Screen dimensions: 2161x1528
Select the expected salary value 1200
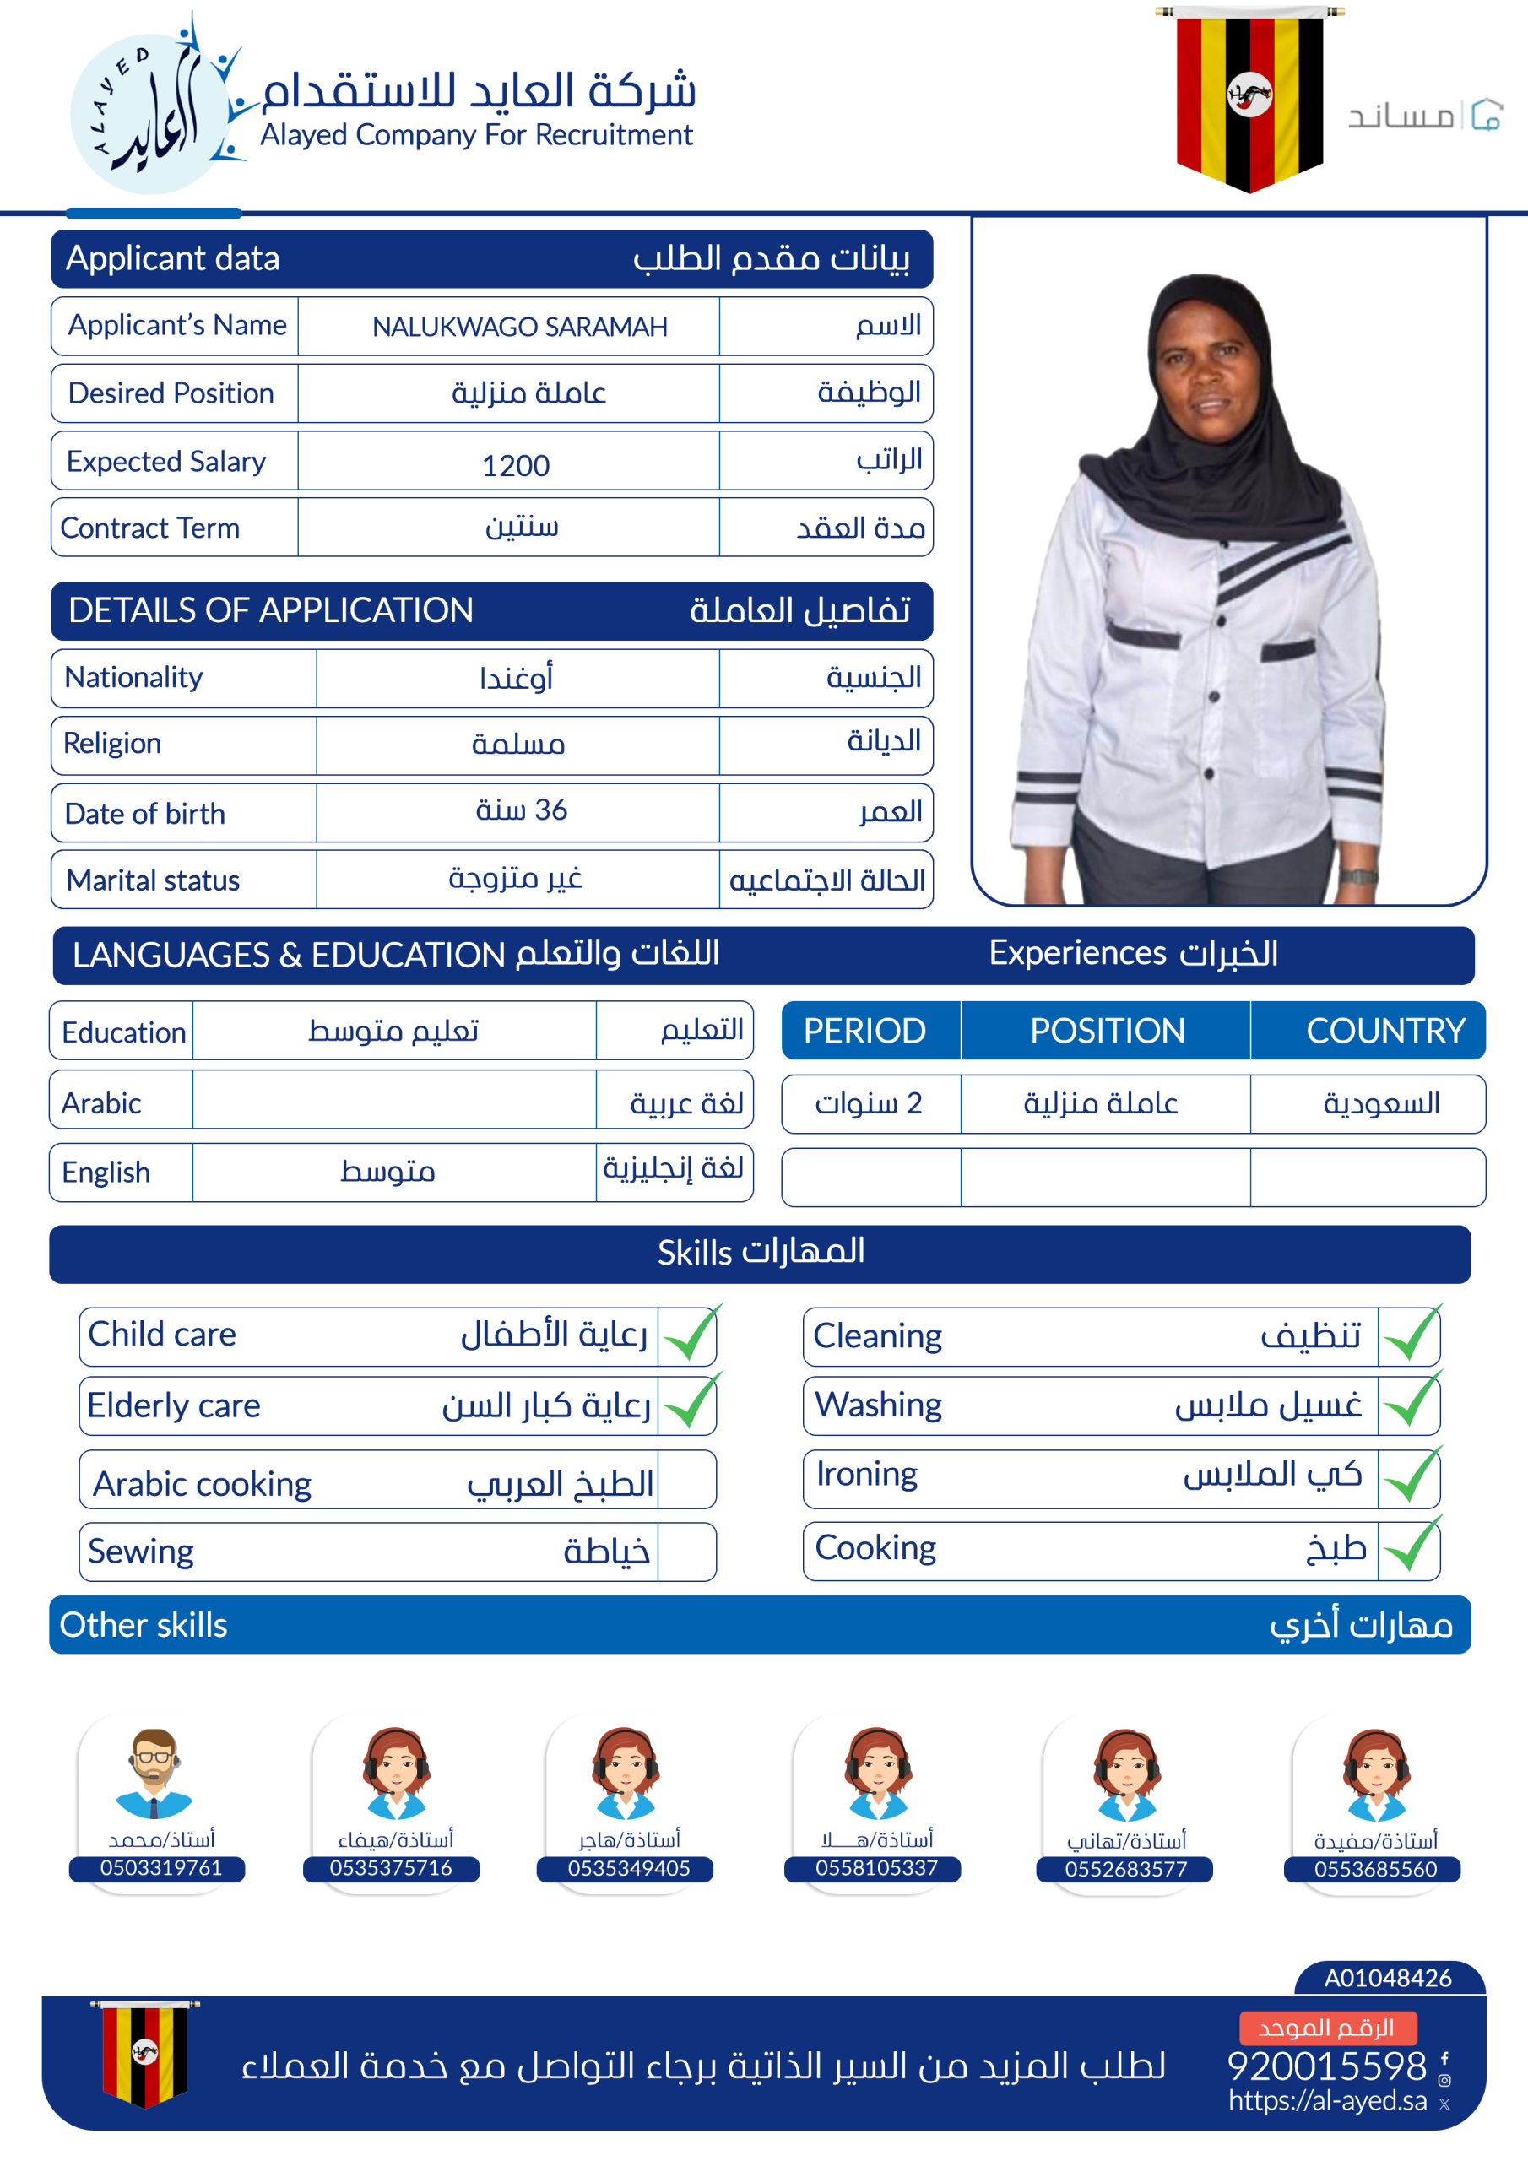[515, 465]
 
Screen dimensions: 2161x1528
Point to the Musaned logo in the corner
[1423, 116]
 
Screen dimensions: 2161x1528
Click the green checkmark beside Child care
[690, 1335]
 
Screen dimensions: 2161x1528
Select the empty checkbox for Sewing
[686, 1551]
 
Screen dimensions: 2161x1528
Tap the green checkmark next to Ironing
[1411, 1475]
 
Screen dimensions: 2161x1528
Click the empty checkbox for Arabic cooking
[686, 1480]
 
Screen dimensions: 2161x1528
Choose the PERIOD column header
[864, 1031]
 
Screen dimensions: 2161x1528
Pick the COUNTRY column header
[1384, 1031]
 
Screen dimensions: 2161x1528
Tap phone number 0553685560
[1374, 1869]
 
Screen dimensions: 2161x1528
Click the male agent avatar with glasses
[154, 1773]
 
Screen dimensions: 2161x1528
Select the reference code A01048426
[1387, 1978]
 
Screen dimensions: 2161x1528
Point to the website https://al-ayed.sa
[1326, 2101]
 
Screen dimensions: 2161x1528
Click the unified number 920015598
[1326, 2066]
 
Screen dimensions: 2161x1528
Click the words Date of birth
[145, 813]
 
